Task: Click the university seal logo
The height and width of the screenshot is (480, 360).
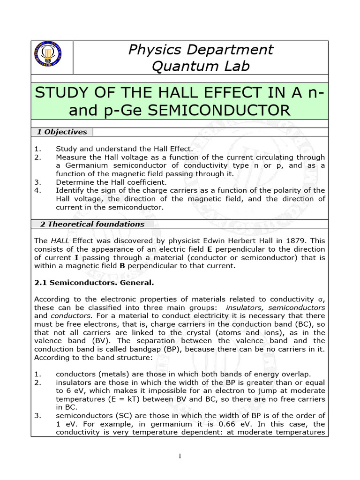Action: pyautogui.click(x=48, y=54)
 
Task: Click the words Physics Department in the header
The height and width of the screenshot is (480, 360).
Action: pyautogui.click(x=201, y=49)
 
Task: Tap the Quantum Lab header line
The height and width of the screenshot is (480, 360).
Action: pyautogui.click(x=201, y=67)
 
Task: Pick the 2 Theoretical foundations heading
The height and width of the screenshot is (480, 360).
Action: pyautogui.click(x=92, y=224)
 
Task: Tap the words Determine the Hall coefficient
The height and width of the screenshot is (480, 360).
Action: pyautogui.click(x=111, y=182)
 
